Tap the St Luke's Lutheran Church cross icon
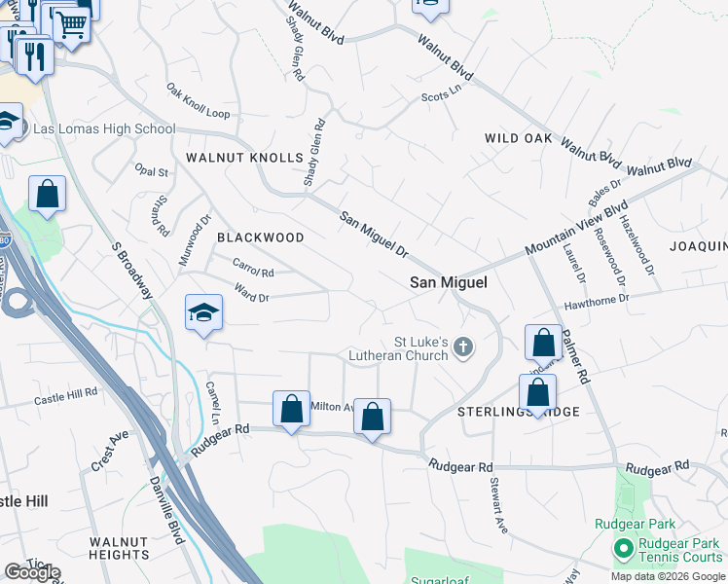[464, 347]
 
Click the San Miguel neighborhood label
[448, 282]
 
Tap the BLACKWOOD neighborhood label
[260, 237]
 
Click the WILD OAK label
[519, 138]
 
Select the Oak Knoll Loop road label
[198, 101]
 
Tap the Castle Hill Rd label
[66, 395]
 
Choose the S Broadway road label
[133, 274]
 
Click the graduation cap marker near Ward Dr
[204, 312]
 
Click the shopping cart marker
[71, 23]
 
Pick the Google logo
[32, 572]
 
